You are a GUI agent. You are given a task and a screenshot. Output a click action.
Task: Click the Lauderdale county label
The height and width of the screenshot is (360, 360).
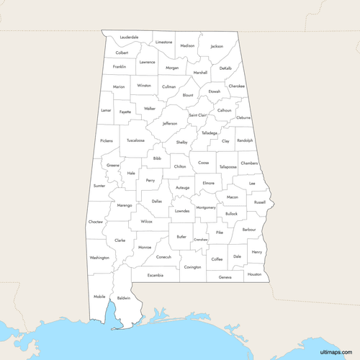(130, 37)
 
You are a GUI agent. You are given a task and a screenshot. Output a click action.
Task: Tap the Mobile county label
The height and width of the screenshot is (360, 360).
(99, 297)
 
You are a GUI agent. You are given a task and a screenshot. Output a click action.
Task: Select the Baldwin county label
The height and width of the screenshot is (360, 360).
(123, 297)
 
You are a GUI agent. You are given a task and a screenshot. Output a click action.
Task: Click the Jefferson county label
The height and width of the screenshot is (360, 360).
(170, 123)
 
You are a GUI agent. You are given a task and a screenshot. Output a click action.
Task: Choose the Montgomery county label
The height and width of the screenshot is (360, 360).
(206, 207)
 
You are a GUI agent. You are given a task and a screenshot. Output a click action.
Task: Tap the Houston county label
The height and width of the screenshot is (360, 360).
(254, 274)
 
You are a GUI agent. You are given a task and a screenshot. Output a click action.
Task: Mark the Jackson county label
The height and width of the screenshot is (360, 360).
(217, 46)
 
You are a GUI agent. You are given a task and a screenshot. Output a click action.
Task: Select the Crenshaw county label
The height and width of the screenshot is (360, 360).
(200, 239)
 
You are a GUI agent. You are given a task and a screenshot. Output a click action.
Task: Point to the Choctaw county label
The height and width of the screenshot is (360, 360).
(96, 222)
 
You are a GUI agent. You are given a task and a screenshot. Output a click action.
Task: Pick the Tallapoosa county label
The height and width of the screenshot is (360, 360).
(228, 166)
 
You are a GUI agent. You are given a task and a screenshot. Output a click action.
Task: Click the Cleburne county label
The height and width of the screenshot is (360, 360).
(244, 117)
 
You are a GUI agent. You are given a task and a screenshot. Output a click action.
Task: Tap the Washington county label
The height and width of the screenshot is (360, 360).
(99, 257)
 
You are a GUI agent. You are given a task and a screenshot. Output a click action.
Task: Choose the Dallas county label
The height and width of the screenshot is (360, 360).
(157, 202)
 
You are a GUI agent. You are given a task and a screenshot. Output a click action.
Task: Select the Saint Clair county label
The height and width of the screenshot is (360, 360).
(198, 115)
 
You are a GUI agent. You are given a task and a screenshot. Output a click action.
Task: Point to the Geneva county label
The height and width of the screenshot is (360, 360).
(225, 277)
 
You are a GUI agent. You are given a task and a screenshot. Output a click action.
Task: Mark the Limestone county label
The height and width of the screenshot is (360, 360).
(164, 42)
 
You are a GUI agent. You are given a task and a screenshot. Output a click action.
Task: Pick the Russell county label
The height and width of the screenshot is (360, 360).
(260, 202)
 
